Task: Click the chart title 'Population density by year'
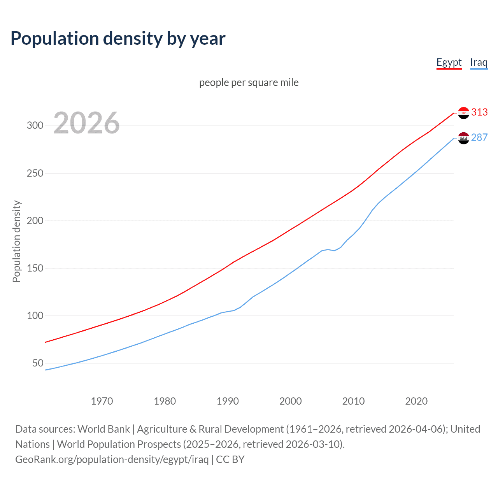coord(118,39)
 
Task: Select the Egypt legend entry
coord(449,62)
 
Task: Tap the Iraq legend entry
coord(479,62)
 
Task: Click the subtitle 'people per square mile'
coord(249,82)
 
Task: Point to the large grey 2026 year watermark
coord(86,123)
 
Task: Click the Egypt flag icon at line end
coord(463,113)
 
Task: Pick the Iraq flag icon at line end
coord(463,138)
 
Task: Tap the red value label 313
coord(479,112)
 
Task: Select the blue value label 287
coord(479,137)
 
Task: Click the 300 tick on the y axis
coord(35,125)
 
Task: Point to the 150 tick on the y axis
coord(35,268)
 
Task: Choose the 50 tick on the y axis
coord(38,363)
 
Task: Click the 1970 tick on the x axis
coord(102,401)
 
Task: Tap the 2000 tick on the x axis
coord(291,401)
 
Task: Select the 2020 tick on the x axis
coord(416,401)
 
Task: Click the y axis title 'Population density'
coord(16,241)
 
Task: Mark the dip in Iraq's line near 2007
coord(334,251)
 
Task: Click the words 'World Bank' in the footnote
coord(103,429)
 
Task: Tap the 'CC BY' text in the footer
coord(230,459)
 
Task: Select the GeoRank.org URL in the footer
coord(112,459)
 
